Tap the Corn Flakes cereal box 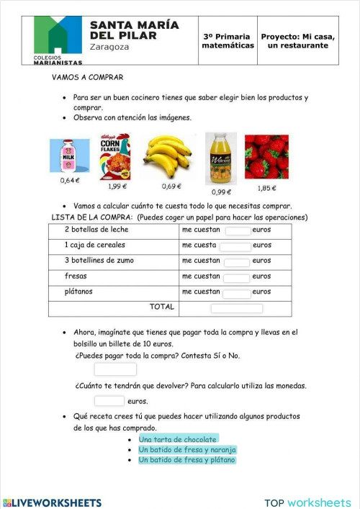114,156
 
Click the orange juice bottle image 220,158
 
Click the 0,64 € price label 70,181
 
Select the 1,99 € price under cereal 117,186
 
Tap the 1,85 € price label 267,188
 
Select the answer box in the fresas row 236,276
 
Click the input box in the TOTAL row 236,308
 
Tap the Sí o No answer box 115,369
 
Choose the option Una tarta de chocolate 178,439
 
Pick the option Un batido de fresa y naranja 187,449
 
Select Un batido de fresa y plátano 186,459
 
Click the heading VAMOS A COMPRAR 88,77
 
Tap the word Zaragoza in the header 109,47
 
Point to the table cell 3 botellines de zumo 99,261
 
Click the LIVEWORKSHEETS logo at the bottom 52,503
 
